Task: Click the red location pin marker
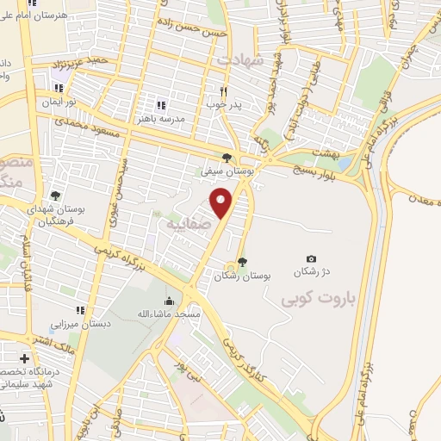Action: pyautogui.click(x=222, y=202)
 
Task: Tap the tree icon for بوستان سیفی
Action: pyautogui.click(x=227, y=157)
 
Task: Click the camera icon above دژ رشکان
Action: pyautogui.click(x=311, y=258)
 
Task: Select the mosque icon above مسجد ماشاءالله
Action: pyautogui.click(x=169, y=301)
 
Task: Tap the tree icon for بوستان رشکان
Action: pyautogui.click(x=242, y=262)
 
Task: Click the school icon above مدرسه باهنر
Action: pyautogui.click(x=159, y=104)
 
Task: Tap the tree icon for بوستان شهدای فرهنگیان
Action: pyautogui.click(x=56, y=196)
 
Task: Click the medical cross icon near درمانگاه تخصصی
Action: pyautogui.click(x=25, y=357)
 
